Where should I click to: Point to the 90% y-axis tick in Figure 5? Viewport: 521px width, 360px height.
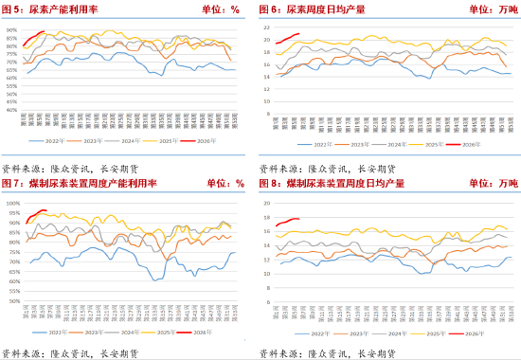coord(12,30)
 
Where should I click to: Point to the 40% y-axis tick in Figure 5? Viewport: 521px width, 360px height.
coord(12,110)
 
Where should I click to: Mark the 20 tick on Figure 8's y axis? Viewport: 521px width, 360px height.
coord(268,203)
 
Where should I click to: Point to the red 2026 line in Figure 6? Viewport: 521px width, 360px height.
coord(289,37)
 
